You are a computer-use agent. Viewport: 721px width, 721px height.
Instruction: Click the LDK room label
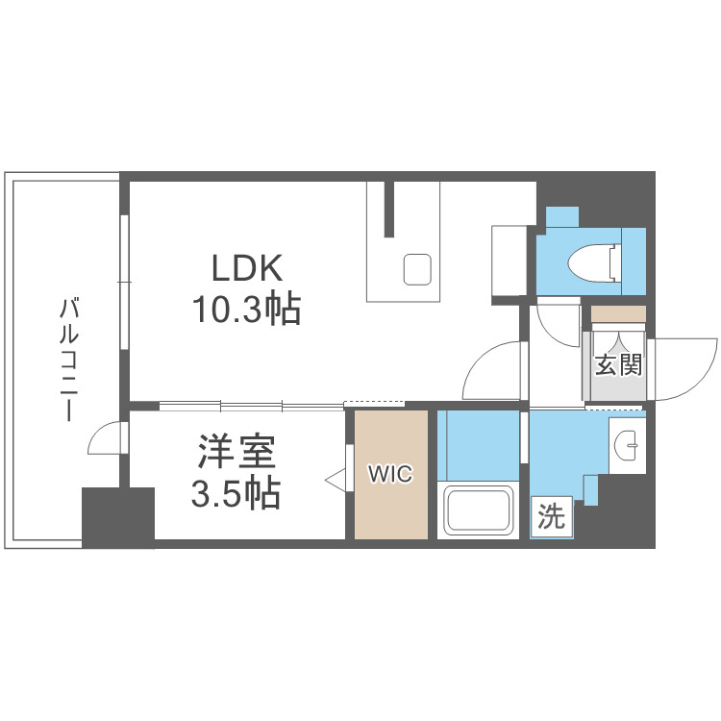click(246, 267)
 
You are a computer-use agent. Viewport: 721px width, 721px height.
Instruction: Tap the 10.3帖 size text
click(246, 310)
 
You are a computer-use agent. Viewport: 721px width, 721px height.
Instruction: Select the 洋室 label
click(236, 450)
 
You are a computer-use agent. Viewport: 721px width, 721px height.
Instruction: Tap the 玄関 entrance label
click(617, 365)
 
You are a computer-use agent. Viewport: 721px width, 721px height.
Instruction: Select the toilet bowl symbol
click(593, 261)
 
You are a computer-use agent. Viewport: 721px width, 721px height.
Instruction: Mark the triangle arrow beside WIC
click(336, 478)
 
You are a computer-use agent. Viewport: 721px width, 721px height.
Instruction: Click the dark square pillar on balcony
click(118, 517)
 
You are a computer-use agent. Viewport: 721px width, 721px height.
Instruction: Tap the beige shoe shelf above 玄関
click(618, 313)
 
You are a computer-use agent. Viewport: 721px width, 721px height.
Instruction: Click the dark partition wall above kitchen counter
click(389, 208)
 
